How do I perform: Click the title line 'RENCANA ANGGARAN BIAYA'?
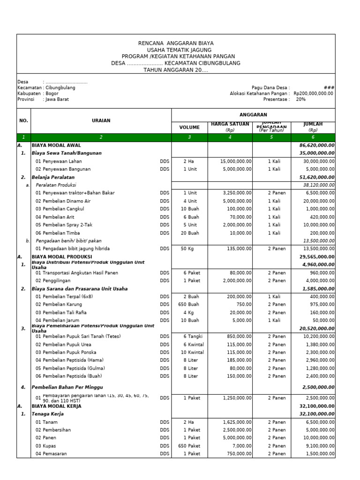click(x=176, y=43)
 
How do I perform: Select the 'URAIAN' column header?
click(x=101, y=120)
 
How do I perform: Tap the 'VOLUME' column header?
click(x=189, y=127)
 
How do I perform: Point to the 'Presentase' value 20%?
click(x=300, y=99)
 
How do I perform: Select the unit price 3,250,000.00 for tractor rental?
click(x=236, y=193)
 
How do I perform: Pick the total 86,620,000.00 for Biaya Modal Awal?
click(x=317, y=145)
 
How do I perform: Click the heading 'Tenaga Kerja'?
click(x=48, y=414)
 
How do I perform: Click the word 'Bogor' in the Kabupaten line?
click(x=52, y=93)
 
